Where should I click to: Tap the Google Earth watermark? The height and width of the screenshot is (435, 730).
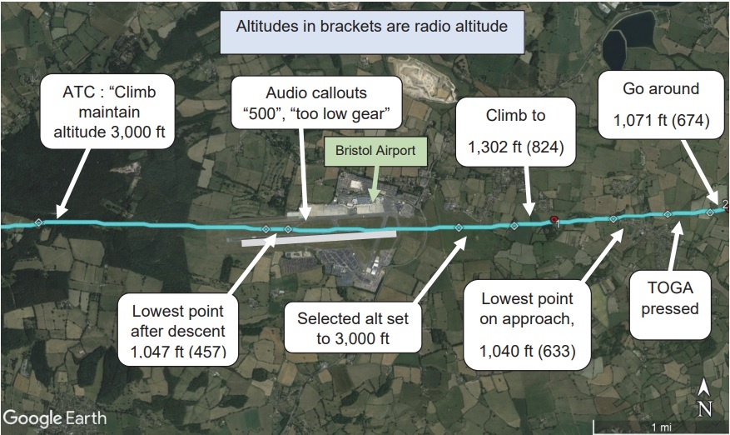(55, 416)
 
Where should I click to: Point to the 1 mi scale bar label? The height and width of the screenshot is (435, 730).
(661, 427)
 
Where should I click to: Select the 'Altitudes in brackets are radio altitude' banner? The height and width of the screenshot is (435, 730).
(371, 27)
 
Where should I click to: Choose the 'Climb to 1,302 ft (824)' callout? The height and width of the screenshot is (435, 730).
(517, 131)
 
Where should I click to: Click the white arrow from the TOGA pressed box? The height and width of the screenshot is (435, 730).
(676, 241)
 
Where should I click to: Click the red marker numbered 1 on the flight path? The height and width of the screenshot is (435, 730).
(554, 220)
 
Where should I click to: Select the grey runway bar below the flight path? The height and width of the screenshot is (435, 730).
(318, 238)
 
